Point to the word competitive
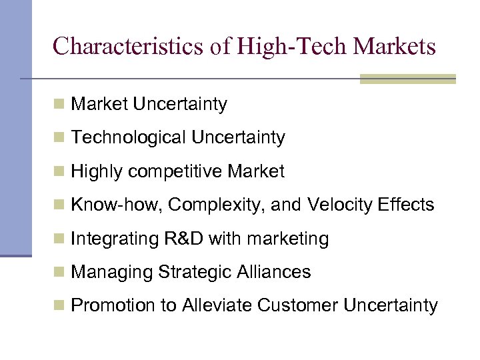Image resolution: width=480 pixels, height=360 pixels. point(175,172)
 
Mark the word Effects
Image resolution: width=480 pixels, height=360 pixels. point(407,205)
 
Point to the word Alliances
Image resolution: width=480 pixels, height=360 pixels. point(274,272)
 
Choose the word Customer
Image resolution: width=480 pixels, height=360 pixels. point(297,306)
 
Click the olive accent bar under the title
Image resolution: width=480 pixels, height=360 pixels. point(407,79)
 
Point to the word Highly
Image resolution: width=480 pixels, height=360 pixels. point(97,172)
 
